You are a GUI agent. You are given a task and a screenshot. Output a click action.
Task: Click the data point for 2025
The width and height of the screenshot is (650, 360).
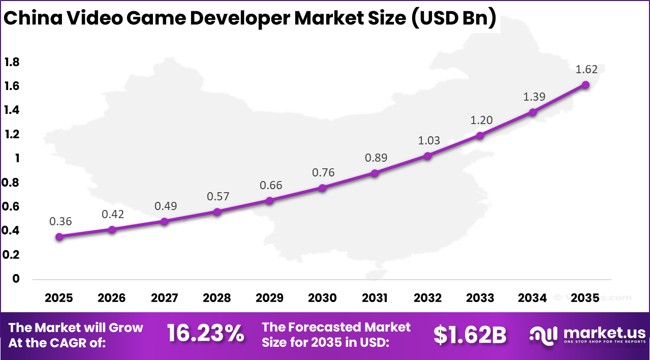[59, 236]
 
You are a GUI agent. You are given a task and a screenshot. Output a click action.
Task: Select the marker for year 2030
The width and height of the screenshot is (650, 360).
[322, 188]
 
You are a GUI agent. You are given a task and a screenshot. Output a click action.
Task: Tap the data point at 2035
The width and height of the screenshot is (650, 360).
[585, 84]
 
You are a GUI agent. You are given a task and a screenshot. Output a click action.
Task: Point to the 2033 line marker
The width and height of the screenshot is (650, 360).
[480, 135]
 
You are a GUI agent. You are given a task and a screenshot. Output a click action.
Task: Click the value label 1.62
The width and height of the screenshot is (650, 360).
[586, 70]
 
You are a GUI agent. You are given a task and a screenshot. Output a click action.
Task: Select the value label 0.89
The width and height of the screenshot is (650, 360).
[376, 158]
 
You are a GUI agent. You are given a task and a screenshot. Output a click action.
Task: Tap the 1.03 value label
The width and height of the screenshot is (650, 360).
[428, 141]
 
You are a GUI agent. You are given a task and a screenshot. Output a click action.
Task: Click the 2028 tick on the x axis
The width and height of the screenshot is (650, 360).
[216, 298]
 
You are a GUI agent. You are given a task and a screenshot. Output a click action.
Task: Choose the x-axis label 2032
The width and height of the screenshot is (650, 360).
[427, 298]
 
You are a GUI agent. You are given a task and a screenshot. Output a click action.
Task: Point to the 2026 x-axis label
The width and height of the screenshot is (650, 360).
[112, 298]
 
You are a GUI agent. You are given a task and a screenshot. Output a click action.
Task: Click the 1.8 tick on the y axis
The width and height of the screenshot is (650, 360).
[12, 62]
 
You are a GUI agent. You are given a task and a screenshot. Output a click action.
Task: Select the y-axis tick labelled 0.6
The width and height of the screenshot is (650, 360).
[12, 206]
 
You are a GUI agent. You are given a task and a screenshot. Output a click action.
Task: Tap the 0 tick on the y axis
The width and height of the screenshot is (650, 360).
[16, 279]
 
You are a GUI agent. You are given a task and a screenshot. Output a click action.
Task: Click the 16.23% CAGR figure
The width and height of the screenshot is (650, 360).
[205, 334]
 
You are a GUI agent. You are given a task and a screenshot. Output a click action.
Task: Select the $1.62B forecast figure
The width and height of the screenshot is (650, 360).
[470, 335]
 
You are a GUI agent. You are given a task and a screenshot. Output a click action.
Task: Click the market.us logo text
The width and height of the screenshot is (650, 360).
[605, 333]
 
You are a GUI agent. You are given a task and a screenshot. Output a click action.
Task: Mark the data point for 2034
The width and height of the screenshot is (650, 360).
[533, 112]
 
